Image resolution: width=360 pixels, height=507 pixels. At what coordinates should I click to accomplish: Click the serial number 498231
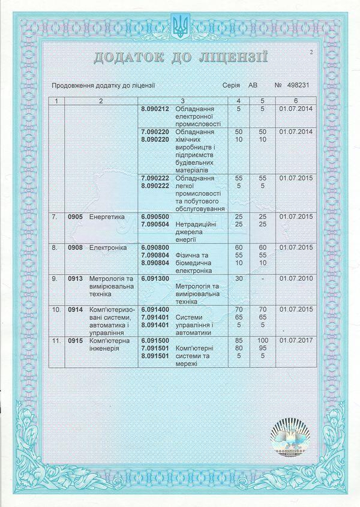[298, 86]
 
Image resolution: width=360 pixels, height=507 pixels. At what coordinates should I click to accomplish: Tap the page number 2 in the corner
[312, 52]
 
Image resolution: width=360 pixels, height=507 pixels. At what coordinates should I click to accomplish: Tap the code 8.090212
[155, 109]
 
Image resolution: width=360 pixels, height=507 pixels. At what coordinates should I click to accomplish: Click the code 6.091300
[155, 278]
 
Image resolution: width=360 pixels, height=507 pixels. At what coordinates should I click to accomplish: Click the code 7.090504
[155, 223]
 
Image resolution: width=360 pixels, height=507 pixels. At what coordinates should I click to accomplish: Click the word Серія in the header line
[230, 86]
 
